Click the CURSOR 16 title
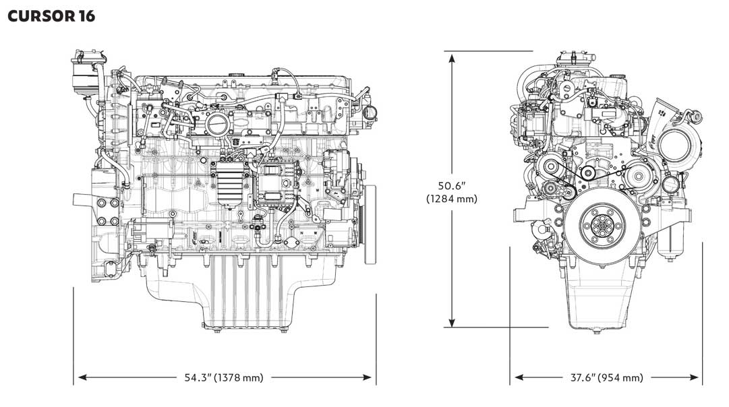coord(51,15)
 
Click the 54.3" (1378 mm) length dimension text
coord(224,378)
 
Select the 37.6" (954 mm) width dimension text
coord(607,378)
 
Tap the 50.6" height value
coord(451,186)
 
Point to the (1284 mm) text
coord(451,199)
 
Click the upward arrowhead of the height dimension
coord(451,57)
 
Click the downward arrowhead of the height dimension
coord(451,322)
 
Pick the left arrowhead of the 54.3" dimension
coord(82,378)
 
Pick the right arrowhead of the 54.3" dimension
coord(368,378)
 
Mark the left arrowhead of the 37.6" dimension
coord(519,378)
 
